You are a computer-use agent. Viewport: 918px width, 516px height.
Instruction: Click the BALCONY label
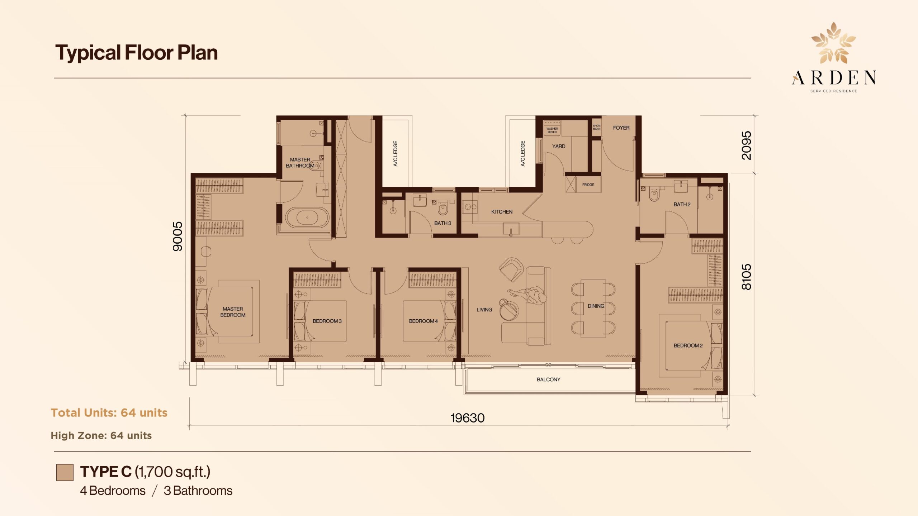(548, 379)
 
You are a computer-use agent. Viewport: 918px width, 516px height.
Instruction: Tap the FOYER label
(621, 128)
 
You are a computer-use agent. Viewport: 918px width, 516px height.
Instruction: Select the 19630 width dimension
(468, 418)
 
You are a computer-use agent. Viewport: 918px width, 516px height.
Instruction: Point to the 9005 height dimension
(178, 236)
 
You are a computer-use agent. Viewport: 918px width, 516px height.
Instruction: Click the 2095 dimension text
(746, 145)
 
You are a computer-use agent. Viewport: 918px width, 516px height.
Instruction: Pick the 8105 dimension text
(746, 277)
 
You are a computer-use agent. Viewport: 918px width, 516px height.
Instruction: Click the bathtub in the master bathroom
(307, 218)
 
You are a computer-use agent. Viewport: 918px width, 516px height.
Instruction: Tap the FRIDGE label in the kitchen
(588, 185)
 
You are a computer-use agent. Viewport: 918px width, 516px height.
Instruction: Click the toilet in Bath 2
(654, 195)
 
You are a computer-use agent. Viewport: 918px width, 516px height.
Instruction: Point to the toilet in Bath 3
(443, 207)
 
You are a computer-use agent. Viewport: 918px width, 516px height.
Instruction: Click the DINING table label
(596, 306)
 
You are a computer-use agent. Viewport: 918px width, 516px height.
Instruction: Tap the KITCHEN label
(502, 212)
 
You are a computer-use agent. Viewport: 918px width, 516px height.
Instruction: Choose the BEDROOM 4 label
(423, 321)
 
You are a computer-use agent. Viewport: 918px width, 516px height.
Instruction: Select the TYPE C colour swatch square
(65, 472)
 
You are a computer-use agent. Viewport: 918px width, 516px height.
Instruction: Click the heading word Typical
(88, 53)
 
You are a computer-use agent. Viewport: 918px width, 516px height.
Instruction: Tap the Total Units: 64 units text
(109, 413)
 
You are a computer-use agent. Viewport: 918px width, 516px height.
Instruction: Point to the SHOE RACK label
(597, 127)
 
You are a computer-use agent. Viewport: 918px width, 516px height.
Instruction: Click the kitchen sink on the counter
(511, 229)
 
